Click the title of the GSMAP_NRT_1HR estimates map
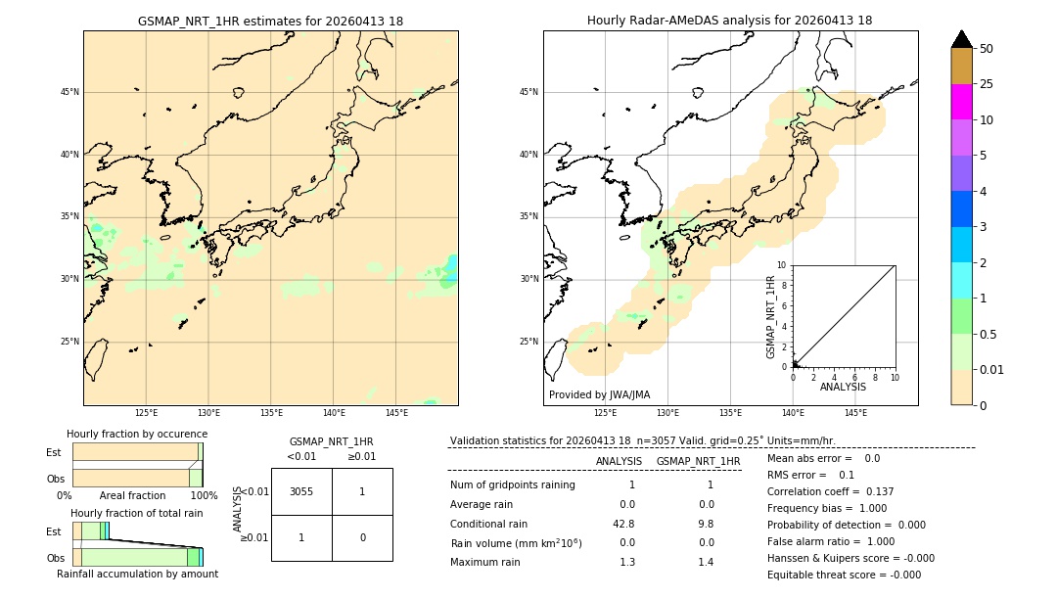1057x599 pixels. tap(270, 21)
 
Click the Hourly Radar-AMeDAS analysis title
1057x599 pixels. tap(729, 21)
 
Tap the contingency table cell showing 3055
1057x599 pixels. tap(301, 491)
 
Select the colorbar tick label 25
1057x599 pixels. tap(988, 84)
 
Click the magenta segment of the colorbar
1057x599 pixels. tap(961, 102)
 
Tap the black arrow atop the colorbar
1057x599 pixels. tap(961, 39)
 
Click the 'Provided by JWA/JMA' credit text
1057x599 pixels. tap(599, 394)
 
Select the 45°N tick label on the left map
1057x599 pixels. tap(69, 92)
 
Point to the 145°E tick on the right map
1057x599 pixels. tap(855, 413)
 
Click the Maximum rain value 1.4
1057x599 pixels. tap(706, 562)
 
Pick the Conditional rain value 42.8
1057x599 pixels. tap(626, 524)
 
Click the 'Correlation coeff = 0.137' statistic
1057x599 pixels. tap(830, 491)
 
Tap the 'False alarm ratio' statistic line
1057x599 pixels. tap(831, 541)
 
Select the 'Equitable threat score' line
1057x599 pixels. tap(844, 575)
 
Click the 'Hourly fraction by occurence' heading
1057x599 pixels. tap(137, 434)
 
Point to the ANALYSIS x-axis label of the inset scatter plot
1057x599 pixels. tap(843, 387)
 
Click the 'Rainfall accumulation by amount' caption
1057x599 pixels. tap(137, 574)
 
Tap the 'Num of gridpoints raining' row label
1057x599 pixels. tap(512, 484)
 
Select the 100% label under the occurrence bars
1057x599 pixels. tap(204, 495)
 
